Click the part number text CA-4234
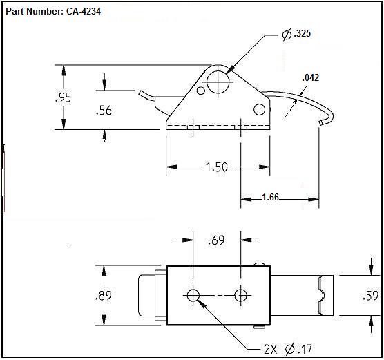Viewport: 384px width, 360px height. click(84, 11)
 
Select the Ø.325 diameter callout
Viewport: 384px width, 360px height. click(296, 35)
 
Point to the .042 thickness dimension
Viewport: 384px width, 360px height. click(311, 77)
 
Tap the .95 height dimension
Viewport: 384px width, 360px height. click(63, 97)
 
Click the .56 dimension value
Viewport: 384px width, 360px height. click(104, 111)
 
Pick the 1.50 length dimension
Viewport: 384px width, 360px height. click(217, 167)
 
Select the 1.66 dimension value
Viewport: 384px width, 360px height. click(270, 197)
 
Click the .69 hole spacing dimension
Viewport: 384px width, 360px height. click(216, 240)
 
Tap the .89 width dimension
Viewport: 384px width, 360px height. click(104, 295)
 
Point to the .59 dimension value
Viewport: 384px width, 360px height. click(371, 296)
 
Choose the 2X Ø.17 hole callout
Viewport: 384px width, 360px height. click(288, 349)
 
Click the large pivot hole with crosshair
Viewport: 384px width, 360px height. click(218, 82)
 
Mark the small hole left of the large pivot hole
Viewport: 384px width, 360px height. click(201, 91)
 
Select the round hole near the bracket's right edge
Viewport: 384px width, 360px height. click(260, 109)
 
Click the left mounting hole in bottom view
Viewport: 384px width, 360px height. click(193, 295)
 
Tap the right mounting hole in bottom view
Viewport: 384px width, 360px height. click(241, 295)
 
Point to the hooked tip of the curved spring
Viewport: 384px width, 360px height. click(322, 122)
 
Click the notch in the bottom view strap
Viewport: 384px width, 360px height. click(322, 295)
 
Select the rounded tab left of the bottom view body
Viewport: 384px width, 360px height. click(146, 295)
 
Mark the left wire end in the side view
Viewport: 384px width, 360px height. click(142, 93)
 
